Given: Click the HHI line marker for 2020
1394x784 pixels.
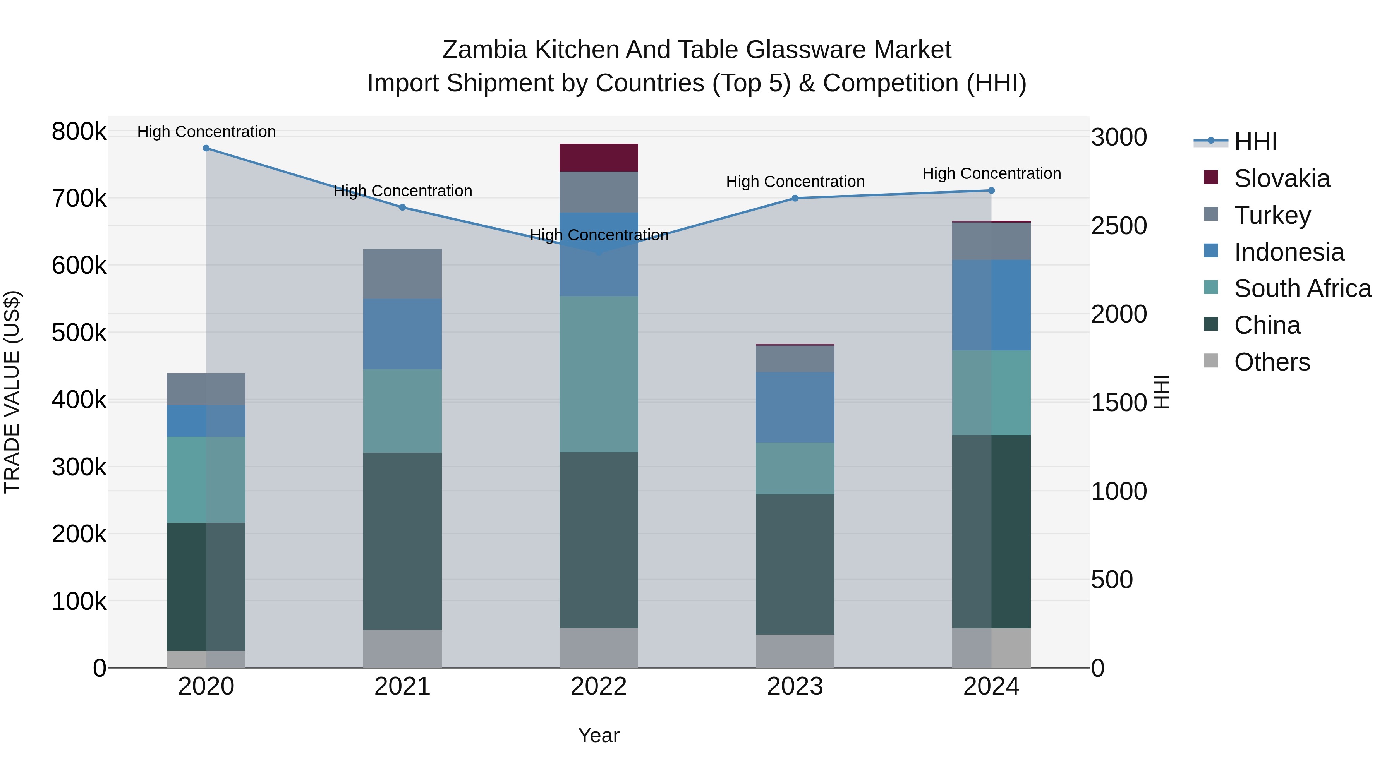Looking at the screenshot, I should point(206,148).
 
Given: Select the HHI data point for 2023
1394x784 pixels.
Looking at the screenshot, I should point(795,199).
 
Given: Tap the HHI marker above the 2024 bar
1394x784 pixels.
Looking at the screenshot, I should point(991,190).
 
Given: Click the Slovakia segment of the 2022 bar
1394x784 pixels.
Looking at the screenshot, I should point(599,158).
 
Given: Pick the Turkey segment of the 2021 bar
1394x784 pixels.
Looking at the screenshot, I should point(402,274).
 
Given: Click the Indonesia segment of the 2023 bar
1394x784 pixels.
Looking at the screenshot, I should point(795,407).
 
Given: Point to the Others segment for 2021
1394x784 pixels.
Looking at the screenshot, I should point(402,649).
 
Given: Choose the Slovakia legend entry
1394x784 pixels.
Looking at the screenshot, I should point(1281,178).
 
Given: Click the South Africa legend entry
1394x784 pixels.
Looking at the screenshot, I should point(1302,288).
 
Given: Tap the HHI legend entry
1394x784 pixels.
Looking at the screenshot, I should point(1255,142).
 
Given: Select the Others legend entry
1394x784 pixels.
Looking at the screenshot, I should point(1272,362).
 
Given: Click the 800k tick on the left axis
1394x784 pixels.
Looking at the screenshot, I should point(79,132).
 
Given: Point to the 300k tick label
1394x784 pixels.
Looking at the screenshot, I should point(79,467).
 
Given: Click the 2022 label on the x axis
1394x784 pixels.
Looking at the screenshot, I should point(599,686).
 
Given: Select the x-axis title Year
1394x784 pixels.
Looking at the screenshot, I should point(599,735).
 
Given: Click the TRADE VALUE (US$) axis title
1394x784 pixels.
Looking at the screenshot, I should point(12,392).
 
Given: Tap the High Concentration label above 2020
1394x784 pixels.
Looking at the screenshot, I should point(206,132).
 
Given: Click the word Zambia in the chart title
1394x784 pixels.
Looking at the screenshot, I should point(484,50).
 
